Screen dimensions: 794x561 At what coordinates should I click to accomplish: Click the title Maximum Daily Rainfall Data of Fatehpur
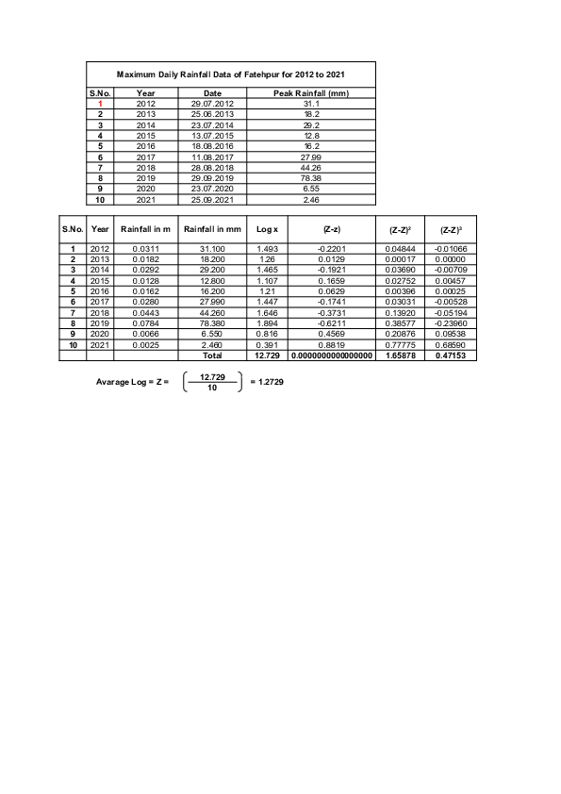(231, 74)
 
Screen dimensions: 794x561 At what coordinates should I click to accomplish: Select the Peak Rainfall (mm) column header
(311, 93)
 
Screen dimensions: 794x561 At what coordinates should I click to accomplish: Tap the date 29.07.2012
(212, 104)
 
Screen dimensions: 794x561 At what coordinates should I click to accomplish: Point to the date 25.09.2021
(212, 199)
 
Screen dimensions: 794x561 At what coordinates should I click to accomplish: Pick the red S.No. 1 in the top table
(100, 104)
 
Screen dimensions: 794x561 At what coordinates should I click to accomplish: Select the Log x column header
(267, 229)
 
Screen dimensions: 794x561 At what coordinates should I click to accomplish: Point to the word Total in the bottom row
(213, 356)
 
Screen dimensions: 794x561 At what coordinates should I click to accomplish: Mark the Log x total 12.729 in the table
(267, 356)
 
